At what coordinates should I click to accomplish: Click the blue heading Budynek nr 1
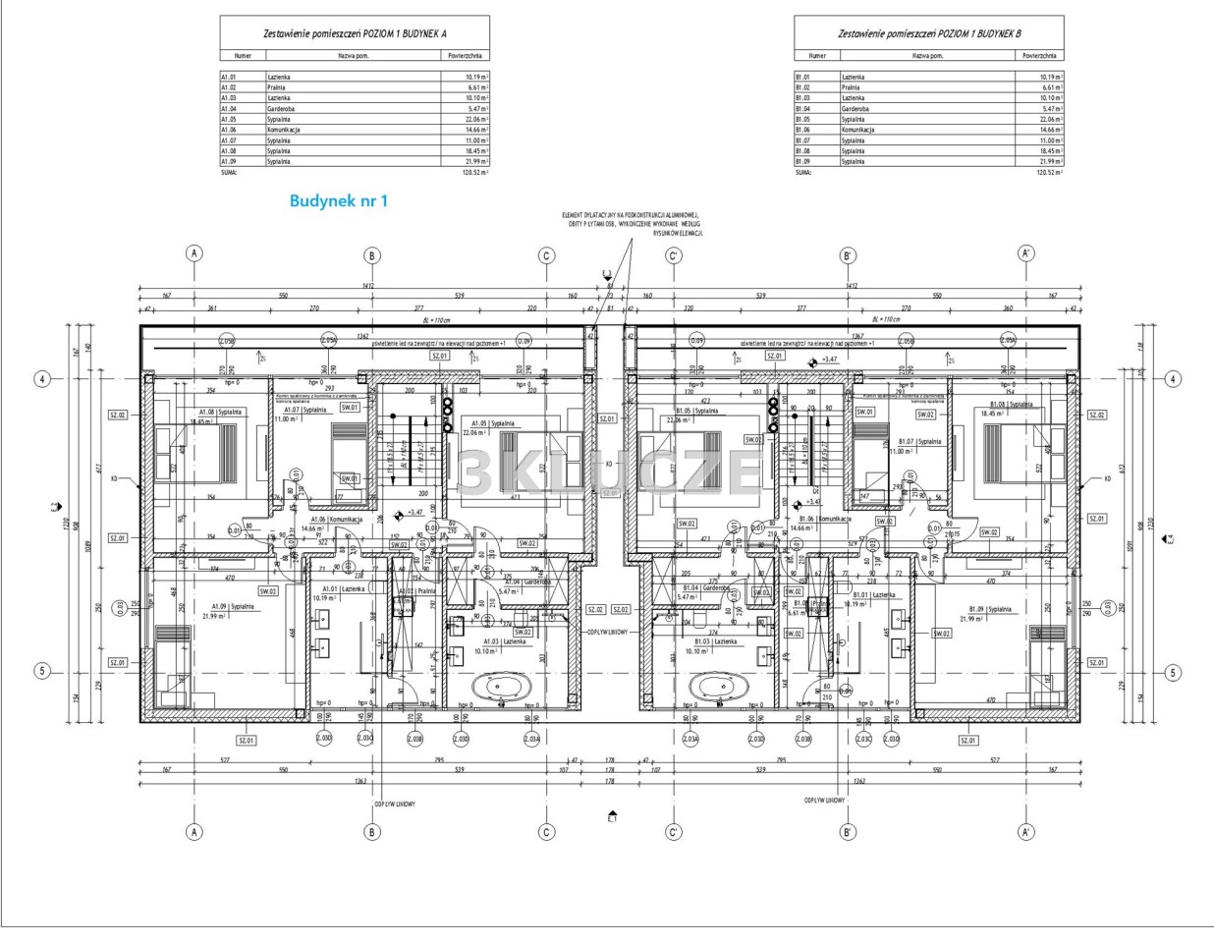339,200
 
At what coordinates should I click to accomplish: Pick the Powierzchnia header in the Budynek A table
466,56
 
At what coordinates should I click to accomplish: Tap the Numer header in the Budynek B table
817,56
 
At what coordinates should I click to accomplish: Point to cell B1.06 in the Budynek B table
803,130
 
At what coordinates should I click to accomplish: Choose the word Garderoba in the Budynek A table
283,108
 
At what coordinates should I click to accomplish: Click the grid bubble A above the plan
195,254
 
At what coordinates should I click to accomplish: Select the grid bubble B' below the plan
850,832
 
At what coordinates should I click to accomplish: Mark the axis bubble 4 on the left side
42,378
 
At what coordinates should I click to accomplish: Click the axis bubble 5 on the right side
1172,673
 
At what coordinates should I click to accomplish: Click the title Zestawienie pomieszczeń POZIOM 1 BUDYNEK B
929,33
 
